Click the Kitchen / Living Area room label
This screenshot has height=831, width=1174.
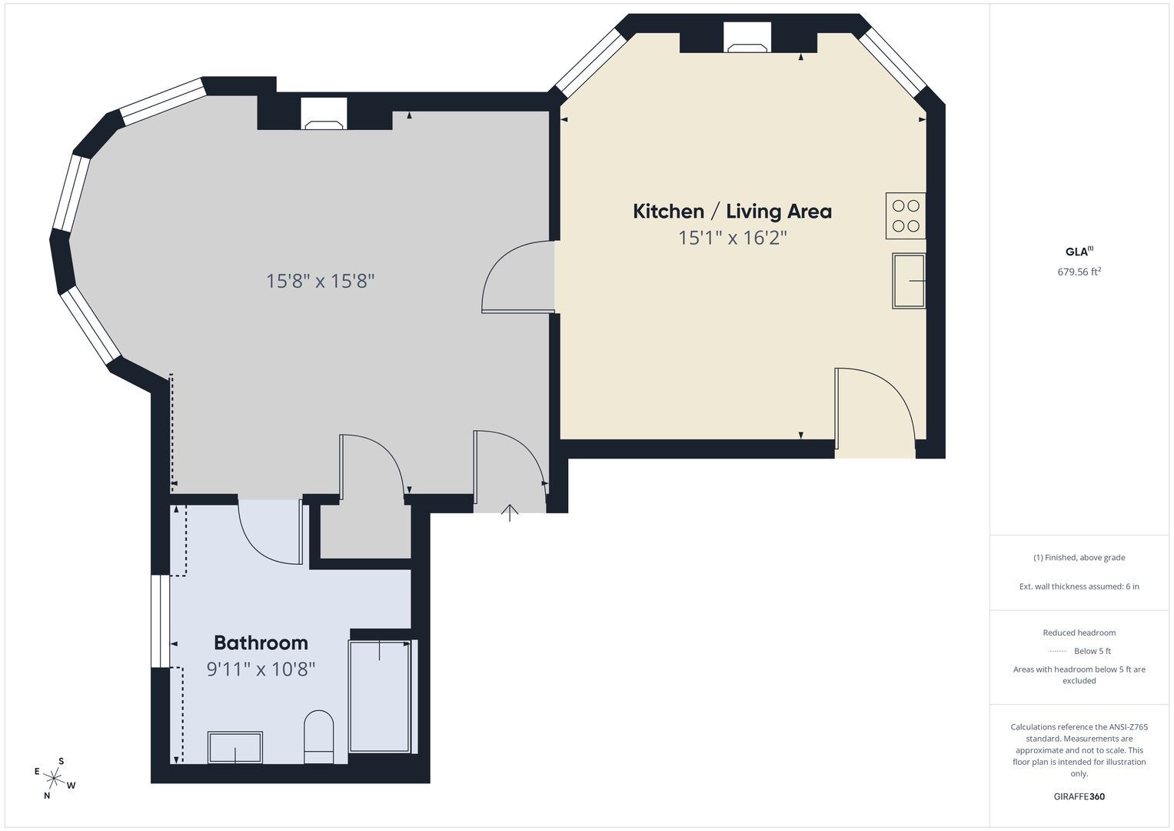point(732,212)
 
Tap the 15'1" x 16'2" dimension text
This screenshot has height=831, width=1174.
point(733,239)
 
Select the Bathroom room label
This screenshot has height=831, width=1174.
point(261,642)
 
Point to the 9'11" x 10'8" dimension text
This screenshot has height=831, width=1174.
point(261,669)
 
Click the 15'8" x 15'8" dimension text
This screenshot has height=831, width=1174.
point(321,281)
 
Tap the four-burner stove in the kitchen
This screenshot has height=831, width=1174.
point(906,215)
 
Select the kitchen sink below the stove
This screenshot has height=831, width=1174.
point(909,281)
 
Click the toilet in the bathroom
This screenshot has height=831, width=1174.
point(318,736)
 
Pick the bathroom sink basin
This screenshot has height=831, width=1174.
point(234,747)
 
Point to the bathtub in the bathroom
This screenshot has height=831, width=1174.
point(383,696)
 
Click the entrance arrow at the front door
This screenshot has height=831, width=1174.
point(510,512)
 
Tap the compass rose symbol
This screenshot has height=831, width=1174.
point(54,778)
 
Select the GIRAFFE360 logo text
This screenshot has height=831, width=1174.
point(1079,796)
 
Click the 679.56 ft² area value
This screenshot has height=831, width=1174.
point(1079,272)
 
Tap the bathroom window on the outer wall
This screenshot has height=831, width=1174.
point(161,621)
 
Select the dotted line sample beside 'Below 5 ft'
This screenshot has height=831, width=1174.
point(1058,651)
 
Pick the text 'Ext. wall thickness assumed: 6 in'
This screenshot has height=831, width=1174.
point(1079,586)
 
